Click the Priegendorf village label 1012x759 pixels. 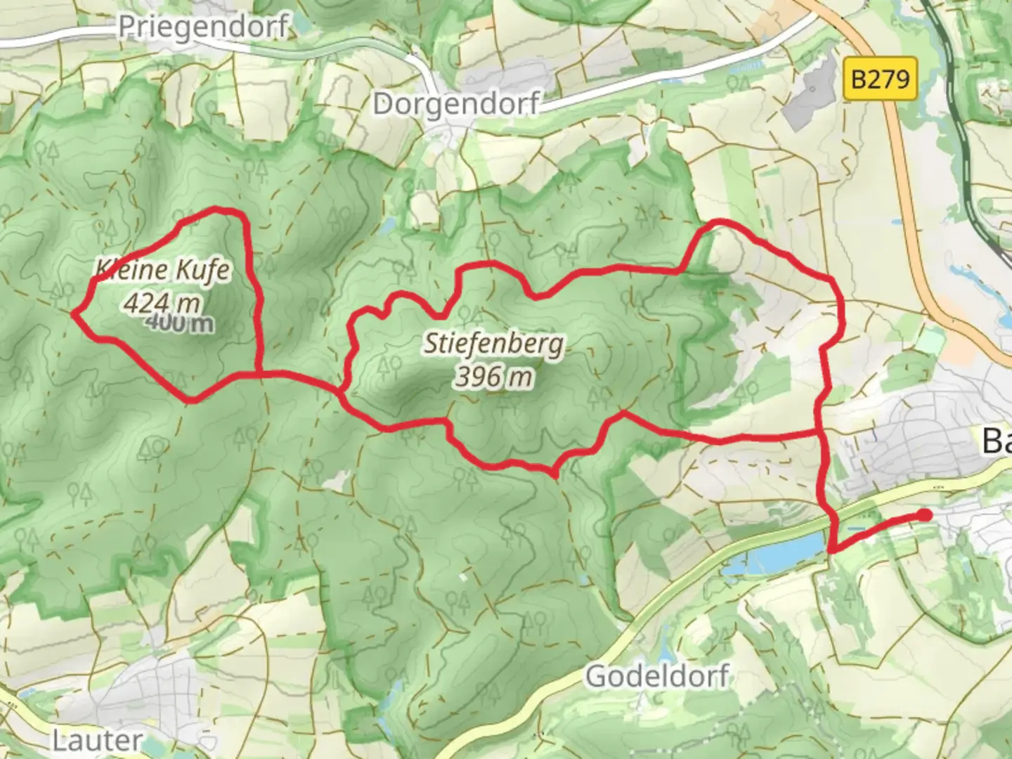click(x=203, y=27)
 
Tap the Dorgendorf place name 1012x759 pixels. click(x=455, y=104)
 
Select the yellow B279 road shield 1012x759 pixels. click(x=880, y=78)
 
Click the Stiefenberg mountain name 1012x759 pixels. click(x=493, y=344)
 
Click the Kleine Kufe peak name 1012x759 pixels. click(x=163, y=269)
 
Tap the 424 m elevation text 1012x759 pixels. click(x=162, y=302)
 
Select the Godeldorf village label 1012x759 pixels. click(x=657, y=677)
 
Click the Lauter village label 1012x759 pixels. click(x=97, y=740)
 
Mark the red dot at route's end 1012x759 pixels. click(x=926, y=515)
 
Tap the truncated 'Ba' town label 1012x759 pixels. click(x=997, y=441)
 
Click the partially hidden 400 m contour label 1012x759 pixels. click(x=181, y=323)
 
